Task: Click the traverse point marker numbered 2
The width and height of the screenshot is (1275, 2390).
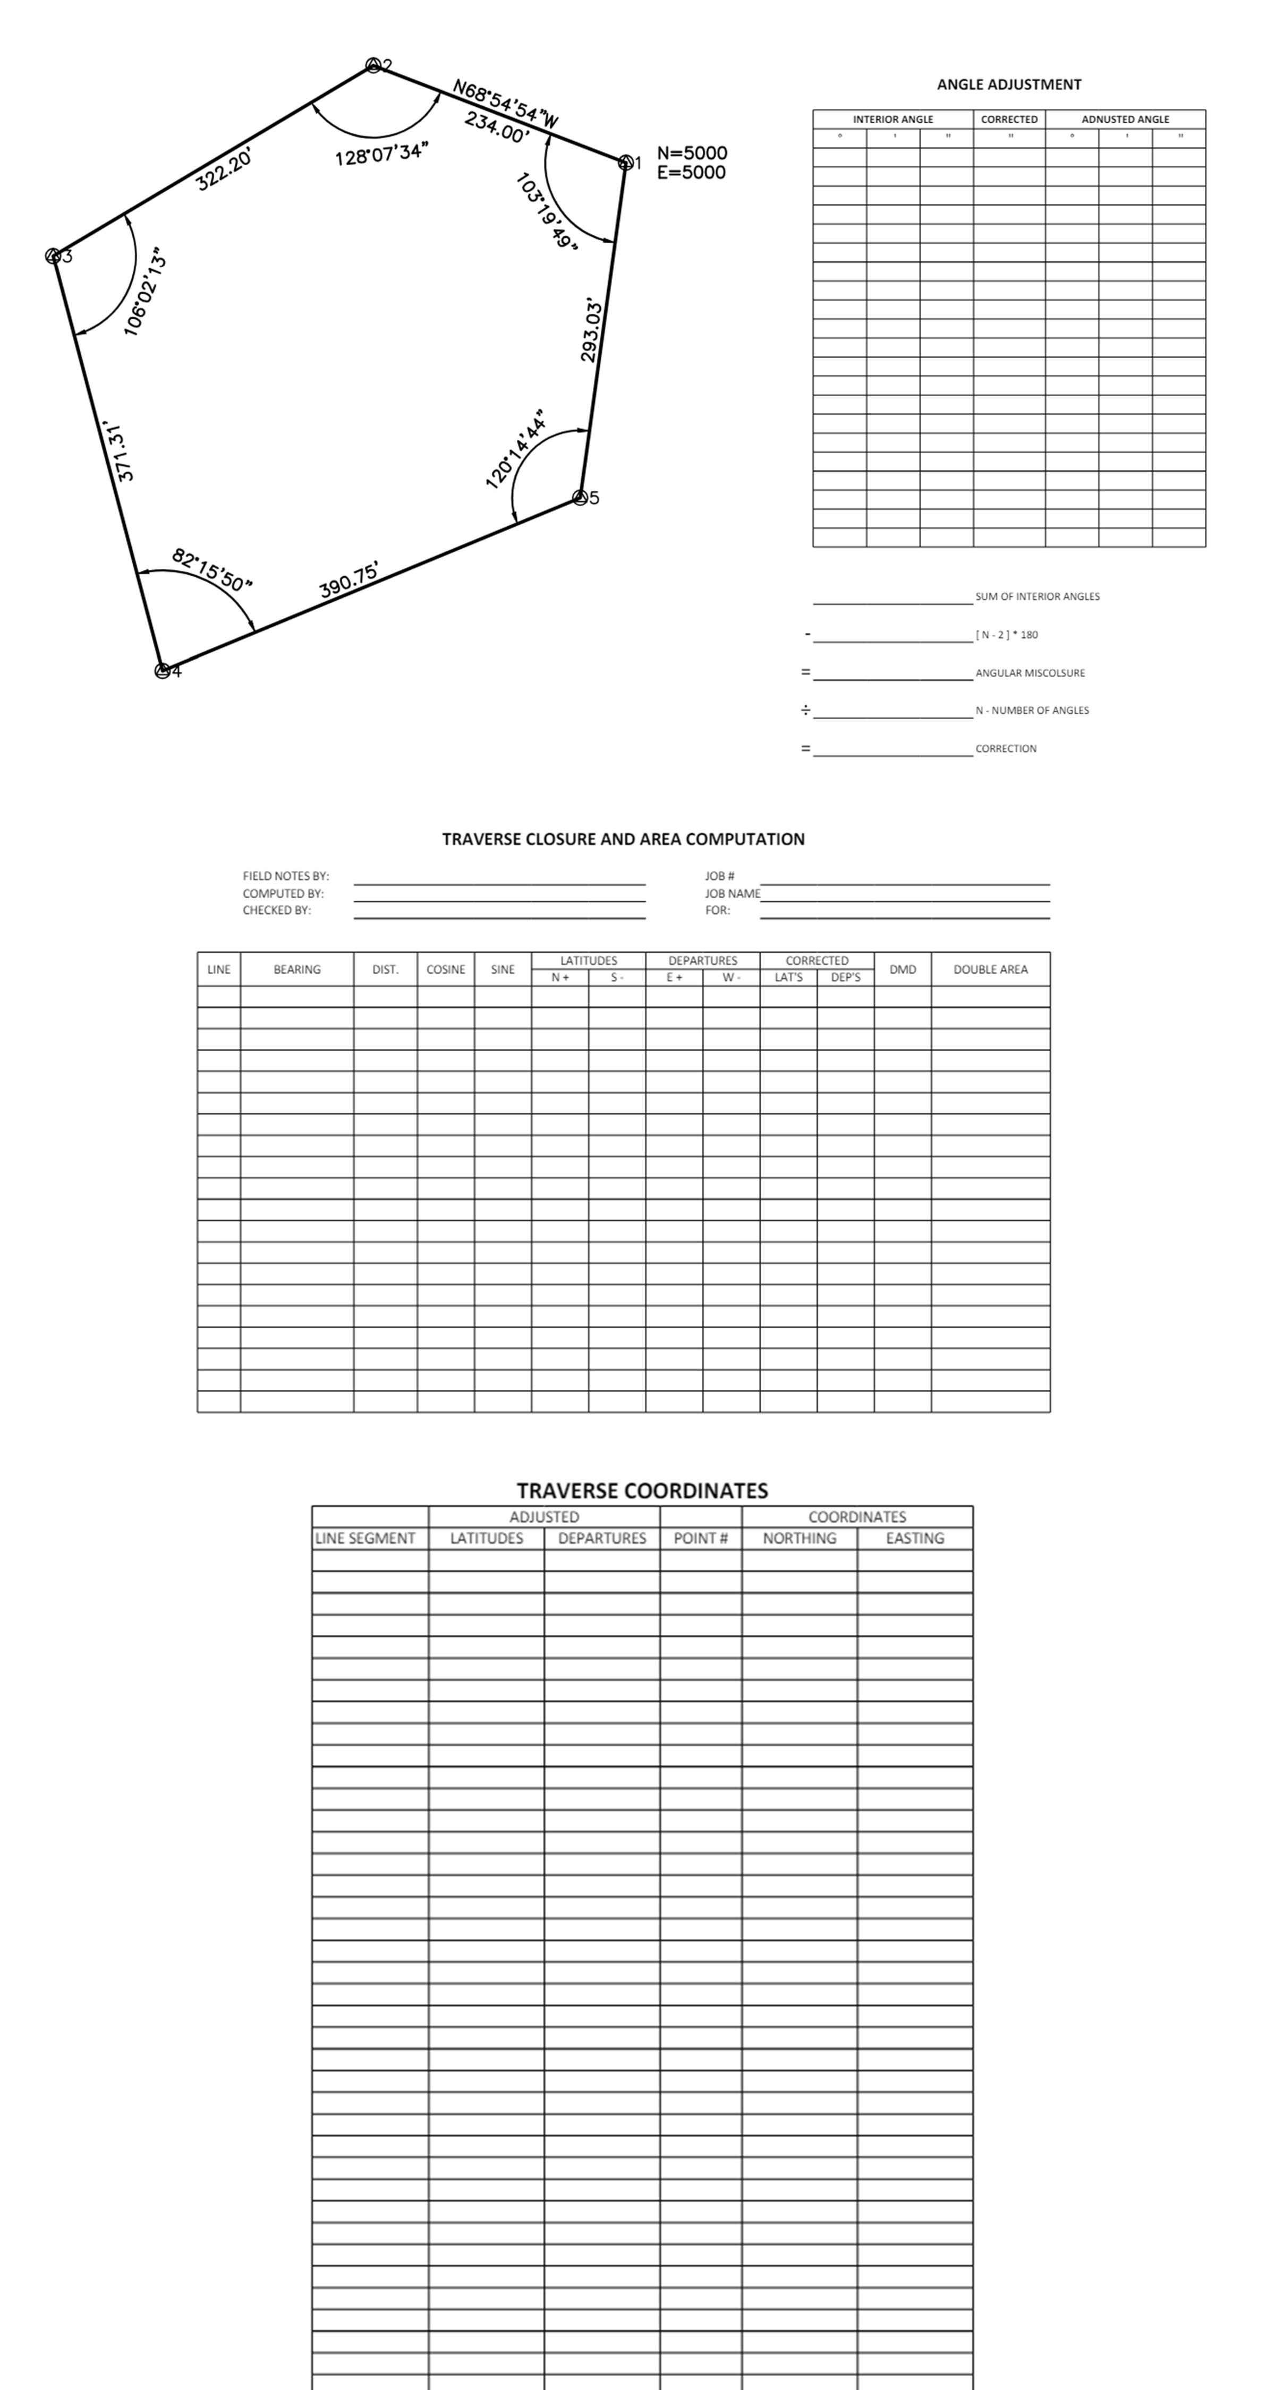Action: click(x=373, y=65)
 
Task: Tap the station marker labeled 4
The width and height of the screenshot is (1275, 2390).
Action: click(x=163, y=671)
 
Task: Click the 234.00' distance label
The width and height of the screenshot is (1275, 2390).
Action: click(x=496, y=127)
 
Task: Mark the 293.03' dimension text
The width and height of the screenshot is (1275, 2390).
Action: click(x=591, y=330)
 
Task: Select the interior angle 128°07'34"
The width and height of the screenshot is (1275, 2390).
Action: click(x=381, y=154)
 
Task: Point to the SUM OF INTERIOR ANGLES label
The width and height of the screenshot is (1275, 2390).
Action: click(x=1036, y=596)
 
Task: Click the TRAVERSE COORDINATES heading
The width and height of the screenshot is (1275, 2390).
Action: click(x=642, y=1490)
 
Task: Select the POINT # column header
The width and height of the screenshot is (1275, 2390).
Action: click(x=701, y=1538)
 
